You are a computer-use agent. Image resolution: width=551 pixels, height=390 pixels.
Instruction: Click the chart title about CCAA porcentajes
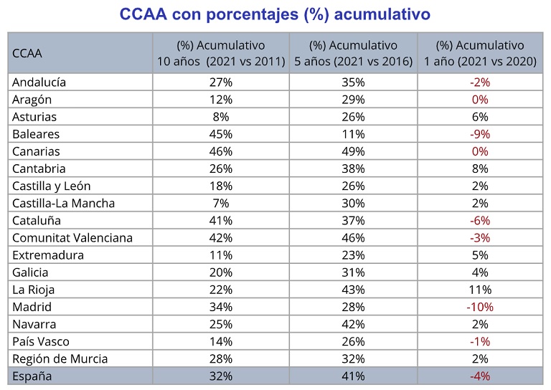275,14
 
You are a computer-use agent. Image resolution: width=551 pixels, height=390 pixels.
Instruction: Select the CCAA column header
27,53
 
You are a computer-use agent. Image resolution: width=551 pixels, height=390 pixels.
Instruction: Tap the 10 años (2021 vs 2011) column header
221,53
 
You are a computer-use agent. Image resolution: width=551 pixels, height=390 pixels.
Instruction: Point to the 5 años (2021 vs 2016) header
354,53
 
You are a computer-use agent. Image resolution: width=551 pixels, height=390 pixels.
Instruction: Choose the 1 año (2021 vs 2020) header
480,53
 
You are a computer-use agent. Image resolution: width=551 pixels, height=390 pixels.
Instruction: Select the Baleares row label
36,134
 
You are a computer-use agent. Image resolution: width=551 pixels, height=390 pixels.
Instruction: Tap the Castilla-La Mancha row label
63,203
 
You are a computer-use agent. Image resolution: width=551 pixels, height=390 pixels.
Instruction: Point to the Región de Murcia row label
60,358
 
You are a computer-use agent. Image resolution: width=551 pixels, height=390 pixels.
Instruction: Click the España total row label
32,376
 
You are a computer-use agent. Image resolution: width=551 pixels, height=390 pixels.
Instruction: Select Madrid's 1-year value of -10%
480,307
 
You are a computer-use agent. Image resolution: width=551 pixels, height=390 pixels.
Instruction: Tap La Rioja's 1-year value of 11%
480,290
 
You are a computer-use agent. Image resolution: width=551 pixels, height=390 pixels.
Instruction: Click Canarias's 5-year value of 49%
354,151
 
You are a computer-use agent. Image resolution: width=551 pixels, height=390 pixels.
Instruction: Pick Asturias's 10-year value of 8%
221,117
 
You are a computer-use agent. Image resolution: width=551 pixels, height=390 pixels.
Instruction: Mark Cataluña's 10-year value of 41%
221,220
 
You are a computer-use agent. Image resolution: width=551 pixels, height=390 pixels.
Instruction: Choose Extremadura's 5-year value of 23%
354,255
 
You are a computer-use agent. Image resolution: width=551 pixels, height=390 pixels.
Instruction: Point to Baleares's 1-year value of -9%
480,134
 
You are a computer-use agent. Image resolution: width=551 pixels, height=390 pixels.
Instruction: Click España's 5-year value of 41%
354,376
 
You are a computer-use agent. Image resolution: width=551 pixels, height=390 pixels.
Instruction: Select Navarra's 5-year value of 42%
354,324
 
